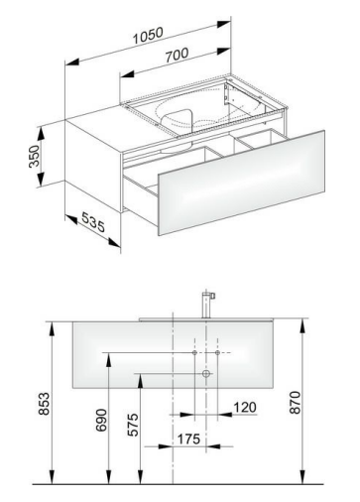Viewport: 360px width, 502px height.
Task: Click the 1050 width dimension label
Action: coord(148,36)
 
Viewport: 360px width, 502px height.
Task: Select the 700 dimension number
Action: coord(178,55)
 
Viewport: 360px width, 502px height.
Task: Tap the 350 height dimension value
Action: coord(34,156)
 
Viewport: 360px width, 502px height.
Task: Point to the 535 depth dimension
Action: coord(93,222)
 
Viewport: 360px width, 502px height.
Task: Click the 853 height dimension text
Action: coord(44,403)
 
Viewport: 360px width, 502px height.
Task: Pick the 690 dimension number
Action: coord(101,420)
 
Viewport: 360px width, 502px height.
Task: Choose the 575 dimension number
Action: coord(133,425)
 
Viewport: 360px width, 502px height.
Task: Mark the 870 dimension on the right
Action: coord(295,402)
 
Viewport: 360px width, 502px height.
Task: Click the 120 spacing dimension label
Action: coord(245,407)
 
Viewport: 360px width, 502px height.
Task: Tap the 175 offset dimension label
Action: coord(188,439)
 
